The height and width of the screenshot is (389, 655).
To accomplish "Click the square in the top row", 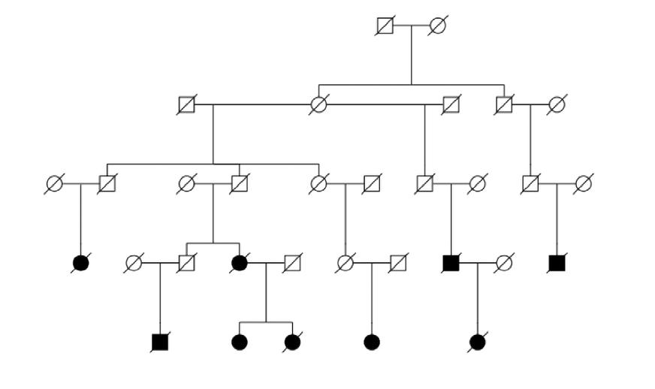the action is point(385,26).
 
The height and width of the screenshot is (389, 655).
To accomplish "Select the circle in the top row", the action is point(438,26).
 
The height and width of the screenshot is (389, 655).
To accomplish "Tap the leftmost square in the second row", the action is point(186,104).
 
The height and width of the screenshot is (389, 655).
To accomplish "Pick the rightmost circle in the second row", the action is point(557,104).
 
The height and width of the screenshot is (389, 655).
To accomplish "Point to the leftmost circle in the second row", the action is point(318,104).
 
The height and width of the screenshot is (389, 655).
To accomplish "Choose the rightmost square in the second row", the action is point(503,104).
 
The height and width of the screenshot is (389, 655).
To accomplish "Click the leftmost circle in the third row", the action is point(54,183).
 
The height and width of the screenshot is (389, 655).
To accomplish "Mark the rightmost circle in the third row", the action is point(584,183).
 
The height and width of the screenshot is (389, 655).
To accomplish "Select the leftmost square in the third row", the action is point(107,183).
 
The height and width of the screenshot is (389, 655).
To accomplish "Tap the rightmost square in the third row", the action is point(530,183).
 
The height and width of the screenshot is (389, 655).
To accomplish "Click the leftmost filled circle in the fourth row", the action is point(80,263).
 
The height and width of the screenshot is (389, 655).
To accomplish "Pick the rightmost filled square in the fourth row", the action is point(557,263).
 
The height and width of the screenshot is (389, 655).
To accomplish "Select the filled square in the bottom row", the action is point(160,342).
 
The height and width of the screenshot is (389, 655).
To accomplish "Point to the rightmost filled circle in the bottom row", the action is point(477,342).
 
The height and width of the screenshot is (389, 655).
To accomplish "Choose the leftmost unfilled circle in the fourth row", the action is point(134,263).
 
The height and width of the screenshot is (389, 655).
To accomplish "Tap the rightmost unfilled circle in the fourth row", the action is point(504,263).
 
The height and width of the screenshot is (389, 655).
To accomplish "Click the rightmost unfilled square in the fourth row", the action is point(398,263).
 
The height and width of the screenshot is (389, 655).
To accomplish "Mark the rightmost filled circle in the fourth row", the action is point(240,263).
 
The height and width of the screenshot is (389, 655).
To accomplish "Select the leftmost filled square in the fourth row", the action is point(451,263).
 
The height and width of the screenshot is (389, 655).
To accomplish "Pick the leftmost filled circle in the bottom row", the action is point(240,342).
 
